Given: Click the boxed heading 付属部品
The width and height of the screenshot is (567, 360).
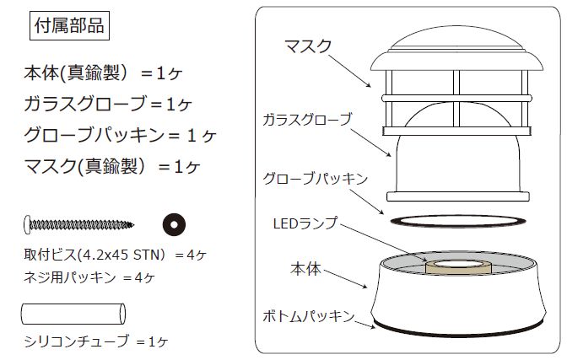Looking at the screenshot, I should point(67,26).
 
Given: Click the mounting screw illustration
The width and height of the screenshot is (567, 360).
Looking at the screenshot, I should point(79,223).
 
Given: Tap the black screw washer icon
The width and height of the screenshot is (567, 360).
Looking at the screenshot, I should point(174,223).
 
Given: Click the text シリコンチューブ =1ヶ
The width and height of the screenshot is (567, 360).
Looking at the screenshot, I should point(98,341).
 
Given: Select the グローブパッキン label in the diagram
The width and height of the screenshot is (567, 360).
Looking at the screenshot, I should point(315,179).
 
